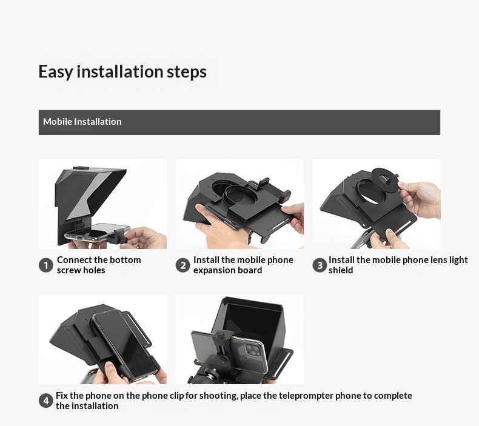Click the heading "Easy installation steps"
(x=122, y=72)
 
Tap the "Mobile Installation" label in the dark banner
(x=82, y=122)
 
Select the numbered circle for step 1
(x=46, y=265)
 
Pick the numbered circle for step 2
(x=183, y=265)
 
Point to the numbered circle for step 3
(x=320, y=265)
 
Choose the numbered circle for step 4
(x=46, y=401)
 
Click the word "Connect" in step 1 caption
(x=74, y=260)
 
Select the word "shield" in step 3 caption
(x=341, y=270)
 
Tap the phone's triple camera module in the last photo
(x=252, y=351)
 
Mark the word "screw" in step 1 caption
(x=68, y=270)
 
